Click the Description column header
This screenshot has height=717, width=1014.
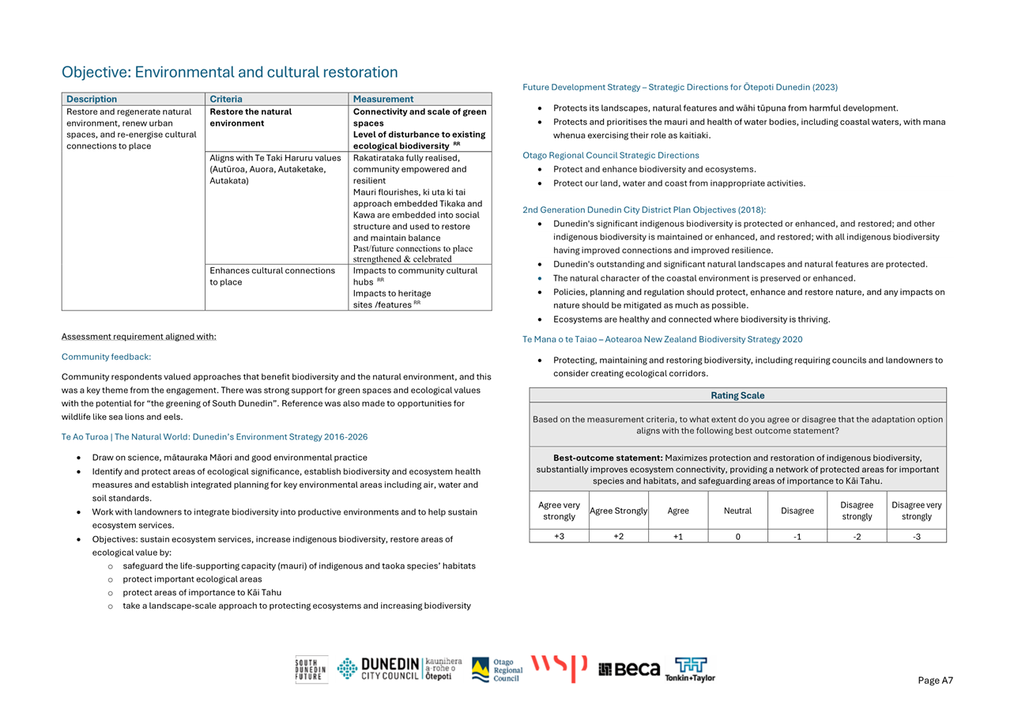(x=92, y=99)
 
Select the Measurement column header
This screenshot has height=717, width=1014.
(x=383, y=99)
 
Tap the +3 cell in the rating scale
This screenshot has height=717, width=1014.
(x=559, y=536)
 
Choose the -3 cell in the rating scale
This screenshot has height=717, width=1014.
(x=916, y=536)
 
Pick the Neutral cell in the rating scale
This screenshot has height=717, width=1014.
(x=737, y=511)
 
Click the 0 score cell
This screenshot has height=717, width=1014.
(x=737, y=536)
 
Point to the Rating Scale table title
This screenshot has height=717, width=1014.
(x=737, y=395)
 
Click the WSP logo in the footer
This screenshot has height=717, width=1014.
(x=559, y=668)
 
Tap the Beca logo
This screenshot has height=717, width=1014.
(x=629, y=670)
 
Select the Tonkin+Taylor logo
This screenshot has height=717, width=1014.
(x=691, y=670)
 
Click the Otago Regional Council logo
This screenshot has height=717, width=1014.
(x=497, y=670)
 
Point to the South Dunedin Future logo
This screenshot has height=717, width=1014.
(x=311, y=670)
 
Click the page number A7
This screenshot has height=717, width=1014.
(x=936, y=681)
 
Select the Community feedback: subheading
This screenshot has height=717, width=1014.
(x=106, y=357)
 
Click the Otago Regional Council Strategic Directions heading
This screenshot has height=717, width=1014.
(x=610, y=155)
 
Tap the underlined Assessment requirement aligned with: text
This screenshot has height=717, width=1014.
(x=138, y=337)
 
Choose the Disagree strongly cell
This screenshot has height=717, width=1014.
(x=857, y=511)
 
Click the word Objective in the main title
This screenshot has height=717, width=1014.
(x=95, y=72)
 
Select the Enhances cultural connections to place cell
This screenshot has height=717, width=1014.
(x=272, y=276)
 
